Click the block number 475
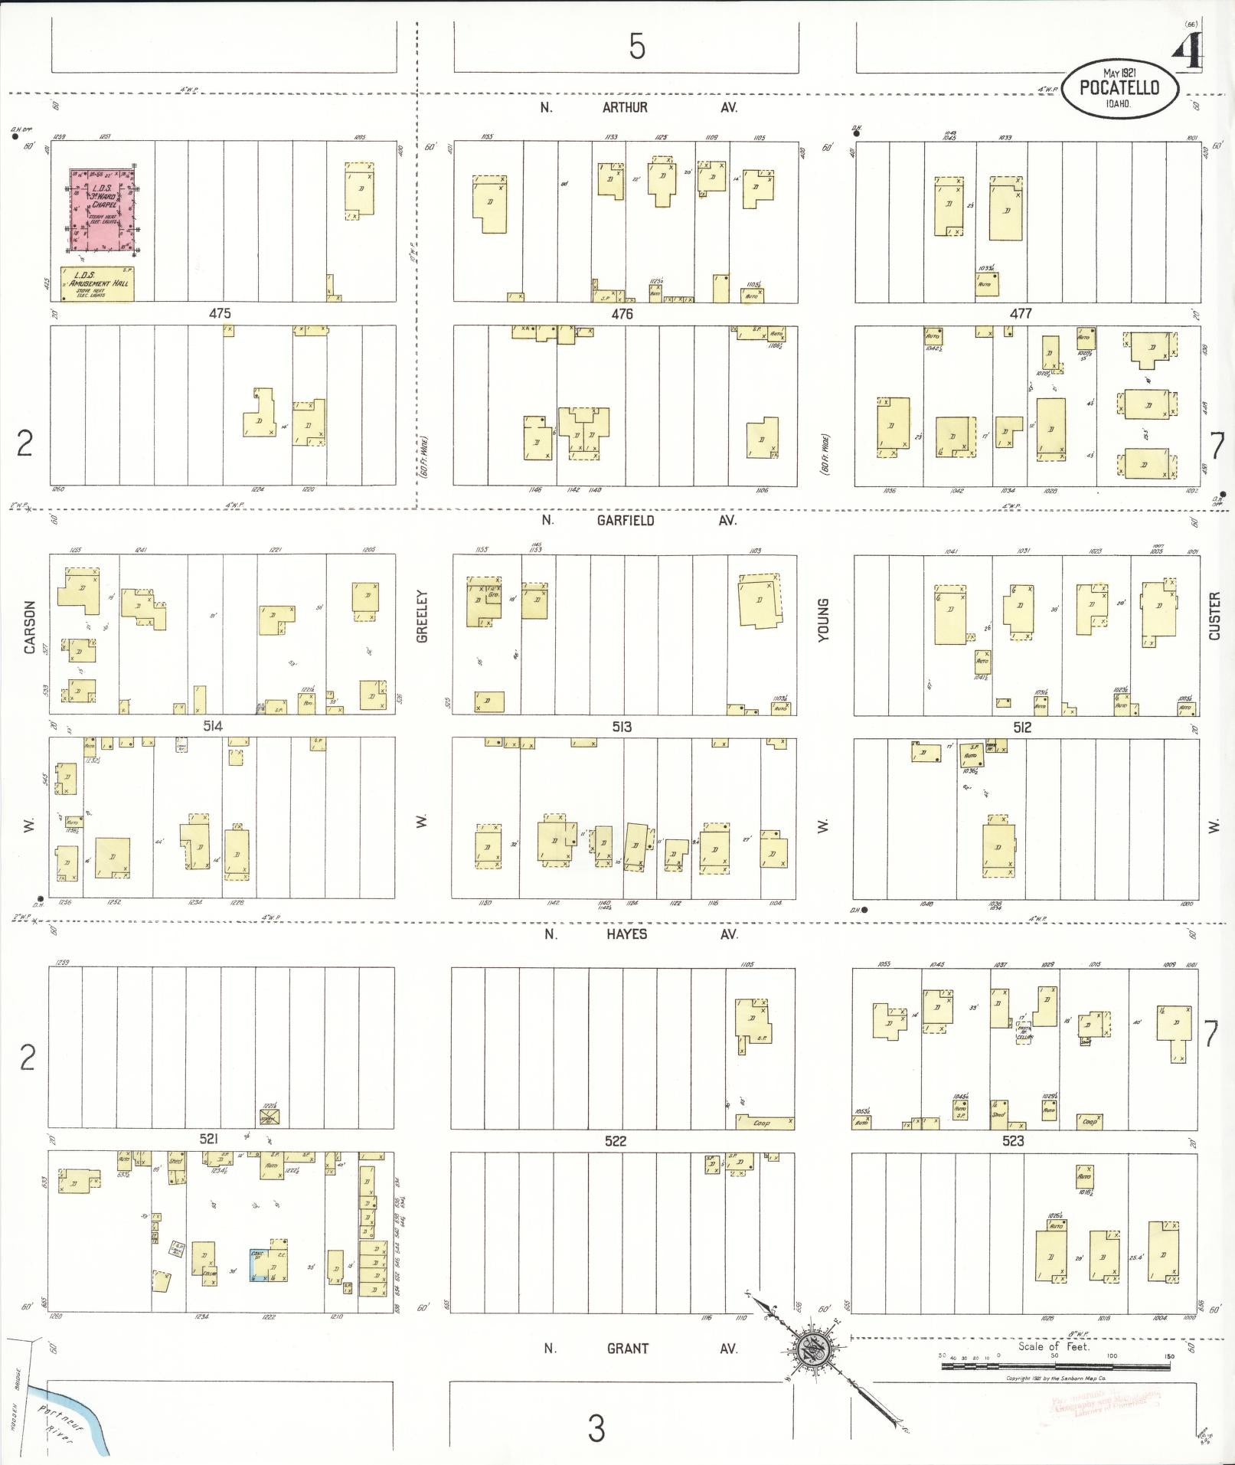(220, 313)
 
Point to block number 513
(622, 726)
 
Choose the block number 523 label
(1013, 1140)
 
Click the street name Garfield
(626, 521)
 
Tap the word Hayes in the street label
(626, 934)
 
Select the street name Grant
(627, 1348)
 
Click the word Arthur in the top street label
(625, 108)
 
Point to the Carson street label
(30, 626)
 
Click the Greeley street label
(422, 616)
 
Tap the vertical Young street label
(824, 620)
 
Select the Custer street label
(1214, 616)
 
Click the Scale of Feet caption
(1054, 1346)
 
